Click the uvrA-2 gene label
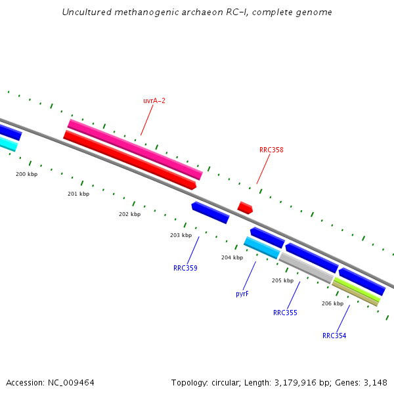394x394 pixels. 154,100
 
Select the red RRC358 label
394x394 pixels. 271,150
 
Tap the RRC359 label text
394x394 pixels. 185,268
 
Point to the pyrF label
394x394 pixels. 242,294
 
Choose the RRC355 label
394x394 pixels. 285,313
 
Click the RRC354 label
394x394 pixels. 334,336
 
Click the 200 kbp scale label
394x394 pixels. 27,174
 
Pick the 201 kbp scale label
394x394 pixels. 78,194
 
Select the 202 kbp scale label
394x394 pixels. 129,214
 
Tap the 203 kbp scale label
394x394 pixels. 181,235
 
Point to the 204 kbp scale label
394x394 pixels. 232,257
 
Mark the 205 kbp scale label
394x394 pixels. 282,280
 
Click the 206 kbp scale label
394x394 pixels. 332,303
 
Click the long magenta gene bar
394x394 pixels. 135,149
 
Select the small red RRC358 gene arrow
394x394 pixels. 245,208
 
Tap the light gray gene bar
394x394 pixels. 306,268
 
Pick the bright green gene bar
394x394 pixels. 357,290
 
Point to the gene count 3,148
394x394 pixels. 374,382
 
